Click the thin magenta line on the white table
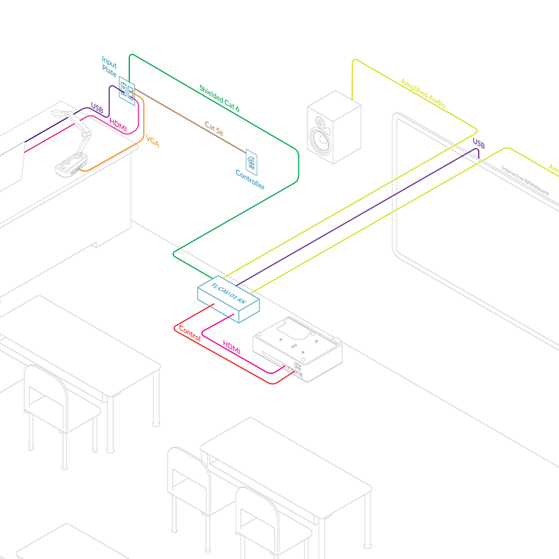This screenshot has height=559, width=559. click(49, 140)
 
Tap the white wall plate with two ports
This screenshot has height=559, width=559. click(127, 89)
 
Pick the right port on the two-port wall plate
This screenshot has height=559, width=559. click(131, 89)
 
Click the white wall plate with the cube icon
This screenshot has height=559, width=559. click(251, 163)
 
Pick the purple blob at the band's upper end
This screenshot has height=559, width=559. click(482, 144)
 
